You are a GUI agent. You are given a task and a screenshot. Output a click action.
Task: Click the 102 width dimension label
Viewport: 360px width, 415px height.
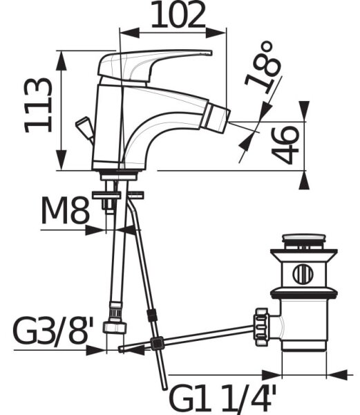[178, 15]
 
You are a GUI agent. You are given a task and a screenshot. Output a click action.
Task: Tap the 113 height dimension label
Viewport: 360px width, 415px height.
[38, 105]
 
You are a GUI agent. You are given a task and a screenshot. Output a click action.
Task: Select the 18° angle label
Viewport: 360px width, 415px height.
[263, 66]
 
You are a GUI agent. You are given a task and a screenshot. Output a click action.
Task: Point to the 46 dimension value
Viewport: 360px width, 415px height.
[285, 145]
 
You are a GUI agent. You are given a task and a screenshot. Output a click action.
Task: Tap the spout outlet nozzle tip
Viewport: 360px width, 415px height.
[216, 118]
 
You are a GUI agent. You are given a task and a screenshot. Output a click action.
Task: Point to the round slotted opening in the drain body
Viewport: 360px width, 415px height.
[303, 274]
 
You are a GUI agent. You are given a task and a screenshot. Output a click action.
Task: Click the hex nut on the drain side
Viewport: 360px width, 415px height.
[262, 326]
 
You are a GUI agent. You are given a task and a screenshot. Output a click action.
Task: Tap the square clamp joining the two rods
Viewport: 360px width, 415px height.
[158, 344]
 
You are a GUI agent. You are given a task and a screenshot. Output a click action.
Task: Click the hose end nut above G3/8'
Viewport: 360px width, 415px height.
[115, 327]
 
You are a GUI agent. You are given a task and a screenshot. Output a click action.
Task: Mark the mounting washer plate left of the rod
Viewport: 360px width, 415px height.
[106, 195]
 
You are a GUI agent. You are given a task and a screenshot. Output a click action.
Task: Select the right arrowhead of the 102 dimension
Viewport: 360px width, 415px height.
[216, 33]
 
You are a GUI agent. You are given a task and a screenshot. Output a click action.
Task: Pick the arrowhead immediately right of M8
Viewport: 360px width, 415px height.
[95, 230]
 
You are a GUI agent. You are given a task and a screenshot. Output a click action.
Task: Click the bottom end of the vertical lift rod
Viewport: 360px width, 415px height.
[164, 388]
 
